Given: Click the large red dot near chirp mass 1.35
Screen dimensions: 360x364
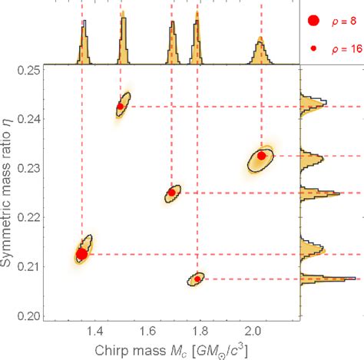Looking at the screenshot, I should (82, 254).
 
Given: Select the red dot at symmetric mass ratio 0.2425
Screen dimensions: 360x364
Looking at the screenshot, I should (120, 107).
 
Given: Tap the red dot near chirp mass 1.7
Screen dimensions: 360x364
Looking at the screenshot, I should (171, 193).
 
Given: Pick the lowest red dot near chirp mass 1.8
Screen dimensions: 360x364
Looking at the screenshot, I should (197, 279).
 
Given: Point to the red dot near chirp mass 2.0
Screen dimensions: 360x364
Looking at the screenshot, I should (261, 156).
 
